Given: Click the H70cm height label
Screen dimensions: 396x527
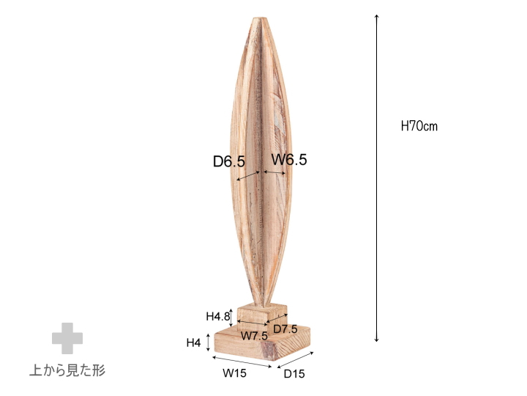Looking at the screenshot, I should coord(419,126).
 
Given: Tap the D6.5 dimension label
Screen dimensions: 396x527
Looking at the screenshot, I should coord(228,161).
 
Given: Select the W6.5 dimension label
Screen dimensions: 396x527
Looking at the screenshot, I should coord(289,159).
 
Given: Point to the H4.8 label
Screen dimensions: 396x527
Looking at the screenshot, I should coord(218,317).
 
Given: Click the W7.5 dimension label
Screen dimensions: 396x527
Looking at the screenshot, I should coord(254,335).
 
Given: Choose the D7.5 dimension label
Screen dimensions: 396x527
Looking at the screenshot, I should coord(285,329).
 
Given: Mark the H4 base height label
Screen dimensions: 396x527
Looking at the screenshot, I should coord(193,342).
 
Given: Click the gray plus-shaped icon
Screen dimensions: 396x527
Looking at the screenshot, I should coord(67,338).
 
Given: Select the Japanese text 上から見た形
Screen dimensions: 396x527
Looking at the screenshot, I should coord(67,370).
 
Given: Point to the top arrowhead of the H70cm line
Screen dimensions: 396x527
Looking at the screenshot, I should coord(376,17).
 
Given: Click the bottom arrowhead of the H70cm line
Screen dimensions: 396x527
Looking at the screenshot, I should coord(376,340).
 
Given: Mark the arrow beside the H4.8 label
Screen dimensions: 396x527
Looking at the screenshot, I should coord(232,315).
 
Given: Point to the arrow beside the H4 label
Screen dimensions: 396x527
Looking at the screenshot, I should coord(210,342).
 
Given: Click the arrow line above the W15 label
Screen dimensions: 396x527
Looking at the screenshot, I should coord(242,362).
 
